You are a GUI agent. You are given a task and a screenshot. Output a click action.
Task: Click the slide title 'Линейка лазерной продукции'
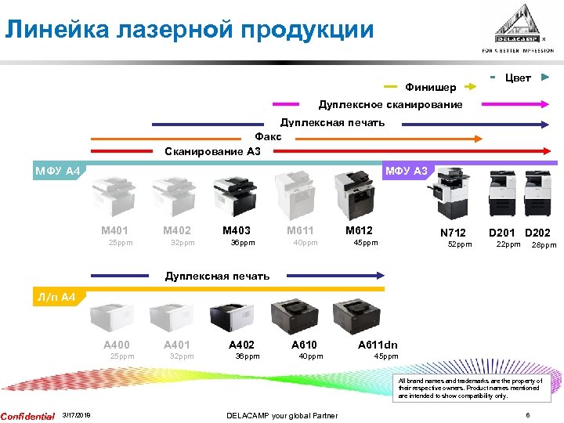(x=189, y=30)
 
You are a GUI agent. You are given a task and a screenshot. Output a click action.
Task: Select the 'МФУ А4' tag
(x=57, y=171)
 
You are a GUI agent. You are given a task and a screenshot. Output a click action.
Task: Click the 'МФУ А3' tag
(x=405, y=171)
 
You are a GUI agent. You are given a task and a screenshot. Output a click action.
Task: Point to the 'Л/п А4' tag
(x=56, y=298)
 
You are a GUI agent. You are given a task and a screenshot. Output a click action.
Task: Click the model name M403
(x=237, y=230)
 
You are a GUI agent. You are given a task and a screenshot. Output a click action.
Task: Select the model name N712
(x=453, y=233)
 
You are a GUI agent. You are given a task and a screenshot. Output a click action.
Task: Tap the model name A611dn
(x=378, y=345)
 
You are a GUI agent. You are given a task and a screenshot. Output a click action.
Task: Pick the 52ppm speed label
(x=459, y=245)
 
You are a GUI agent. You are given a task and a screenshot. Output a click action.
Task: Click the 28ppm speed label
(x=544, y=245)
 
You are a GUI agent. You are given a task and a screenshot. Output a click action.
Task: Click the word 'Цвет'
(x=518, y=78)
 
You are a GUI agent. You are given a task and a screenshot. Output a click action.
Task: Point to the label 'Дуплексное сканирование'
(x=390, y=105)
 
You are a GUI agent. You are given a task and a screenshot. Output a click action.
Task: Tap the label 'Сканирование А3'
(x=212, y=151)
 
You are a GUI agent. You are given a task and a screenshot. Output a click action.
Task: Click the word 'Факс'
(x=268, y=136)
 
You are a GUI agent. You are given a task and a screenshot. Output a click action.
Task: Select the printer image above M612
(x=353, y=195)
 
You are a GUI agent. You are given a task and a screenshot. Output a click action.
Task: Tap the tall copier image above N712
(x=450, y=194)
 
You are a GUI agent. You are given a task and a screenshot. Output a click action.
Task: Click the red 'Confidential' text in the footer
(x=27, y=415)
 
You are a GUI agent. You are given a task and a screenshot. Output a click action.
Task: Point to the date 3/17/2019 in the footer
(x=76, y=415)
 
